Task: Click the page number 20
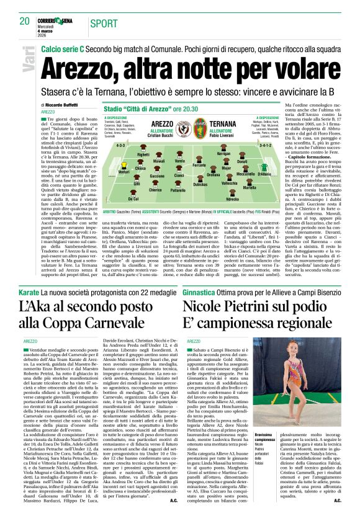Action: [x=25, y=21]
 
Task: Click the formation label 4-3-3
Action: [x=121, y=144]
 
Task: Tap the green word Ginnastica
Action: [x=199, y=291]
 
